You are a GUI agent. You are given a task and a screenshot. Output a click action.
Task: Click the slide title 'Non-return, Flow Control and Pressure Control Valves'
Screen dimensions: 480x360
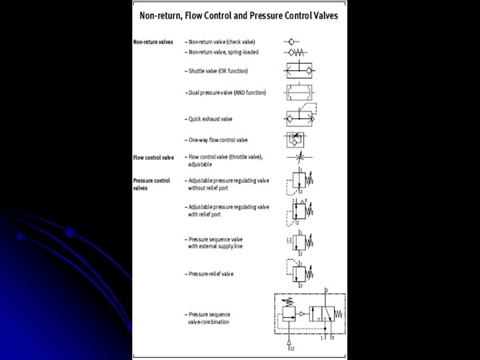point(239,14)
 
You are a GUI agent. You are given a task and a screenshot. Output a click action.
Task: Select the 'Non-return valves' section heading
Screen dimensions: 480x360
point(153,41)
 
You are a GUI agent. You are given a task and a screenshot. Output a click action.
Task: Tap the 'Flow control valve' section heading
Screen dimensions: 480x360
point(153,157)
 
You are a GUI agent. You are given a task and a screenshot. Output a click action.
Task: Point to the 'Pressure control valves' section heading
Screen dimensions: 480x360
point(151,184)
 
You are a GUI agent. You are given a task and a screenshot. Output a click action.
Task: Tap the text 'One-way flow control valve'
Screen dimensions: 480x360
point(219,139)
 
